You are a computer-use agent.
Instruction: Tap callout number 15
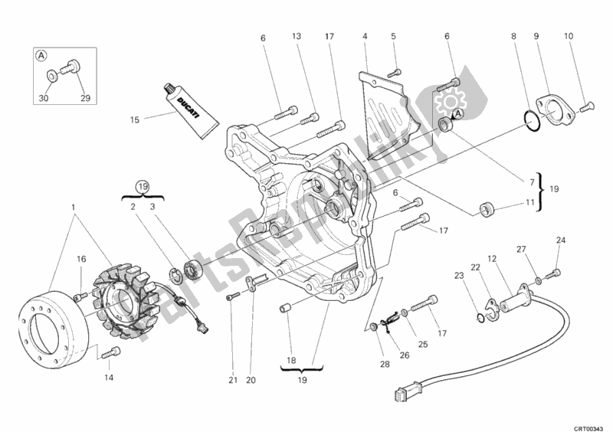pos(134,119)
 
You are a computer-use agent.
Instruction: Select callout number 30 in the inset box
pos(44,97)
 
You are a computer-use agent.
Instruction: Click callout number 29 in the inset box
pos(85,97)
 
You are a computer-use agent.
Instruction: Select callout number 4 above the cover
pos(365,36)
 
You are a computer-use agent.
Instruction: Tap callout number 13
pos(297,36)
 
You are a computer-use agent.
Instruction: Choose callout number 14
pos(107,378)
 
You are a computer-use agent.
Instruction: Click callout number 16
pos(79,259)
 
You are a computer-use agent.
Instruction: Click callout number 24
pos(560,241)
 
